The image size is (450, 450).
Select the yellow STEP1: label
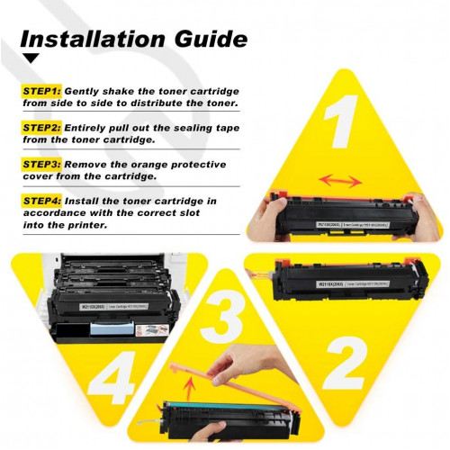coord(41,91)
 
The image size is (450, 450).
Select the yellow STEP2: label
coord(41,129)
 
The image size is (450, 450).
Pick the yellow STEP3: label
coord(41,166)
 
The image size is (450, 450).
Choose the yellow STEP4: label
coord(41,200)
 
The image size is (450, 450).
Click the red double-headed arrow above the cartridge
coord(341,181)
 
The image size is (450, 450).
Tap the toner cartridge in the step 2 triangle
coord(346,282)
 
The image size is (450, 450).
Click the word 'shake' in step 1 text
coord(112,91)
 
